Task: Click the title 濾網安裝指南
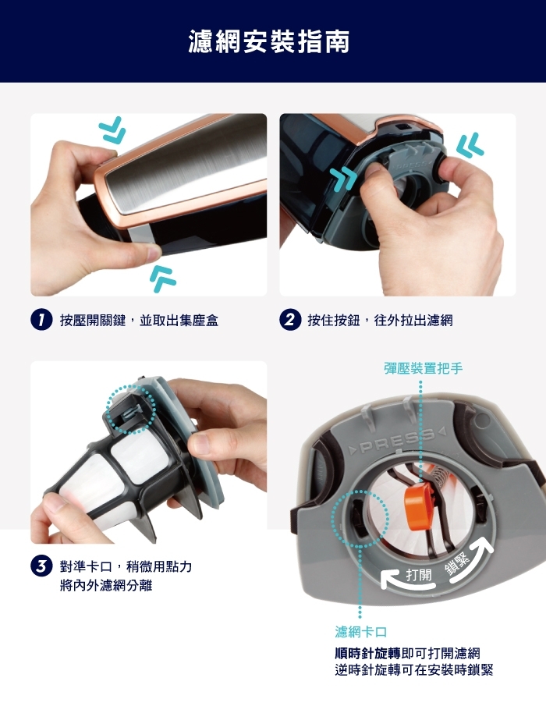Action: [x=269, y=41]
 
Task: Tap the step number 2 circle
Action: [x=289, y=320]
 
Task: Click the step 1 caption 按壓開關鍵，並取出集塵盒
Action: [x=139, y=320]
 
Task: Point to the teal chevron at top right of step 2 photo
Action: [x=470, y=145]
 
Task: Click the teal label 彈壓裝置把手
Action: [x=423, y=367]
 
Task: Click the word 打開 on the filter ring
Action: [x=418, y=576]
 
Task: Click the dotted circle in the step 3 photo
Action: [x=129, y=408]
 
